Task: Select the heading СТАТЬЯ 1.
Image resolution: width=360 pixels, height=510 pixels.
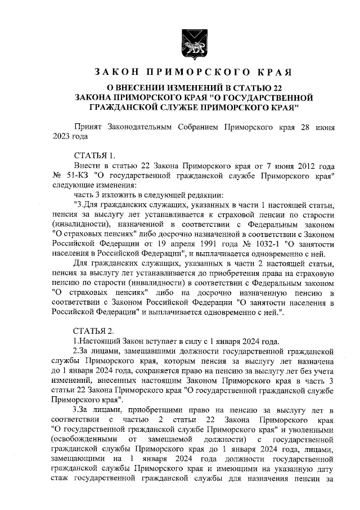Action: pyautogui.click(x=94, y=155)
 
